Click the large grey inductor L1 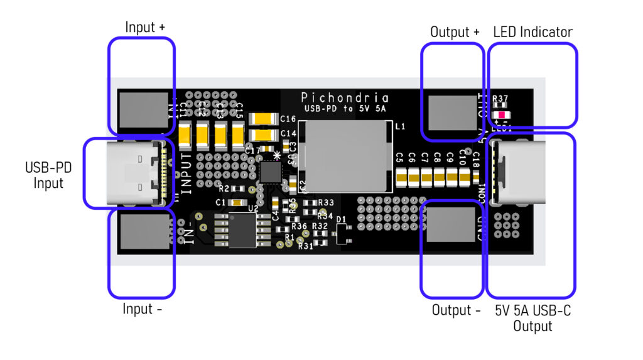(346, 156)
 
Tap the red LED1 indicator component (502, 115)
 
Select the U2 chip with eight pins (242, 231)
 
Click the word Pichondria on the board (345, 97)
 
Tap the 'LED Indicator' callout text (532, 31)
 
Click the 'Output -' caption (456, 310)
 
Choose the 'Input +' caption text (145, 28)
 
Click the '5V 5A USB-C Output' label (532, 318)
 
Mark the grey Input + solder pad (144, 111)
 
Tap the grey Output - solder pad (451, 224)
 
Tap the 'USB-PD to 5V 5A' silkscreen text (345, 109)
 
